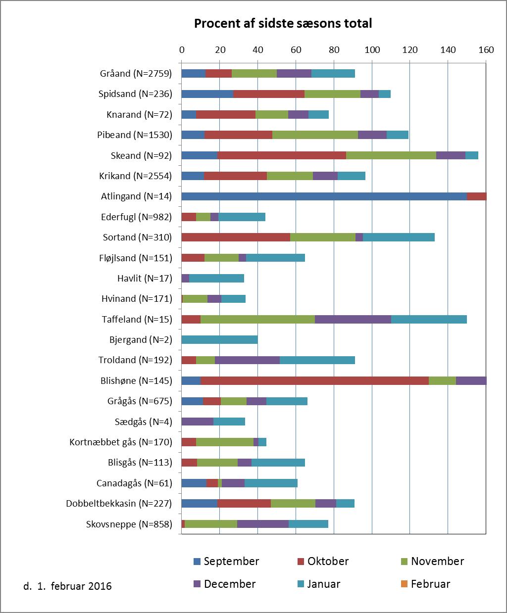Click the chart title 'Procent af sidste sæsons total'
click(283, 23)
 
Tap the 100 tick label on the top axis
click(372, 50)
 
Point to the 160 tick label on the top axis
click(486, 50)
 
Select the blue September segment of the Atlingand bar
click(324, 196)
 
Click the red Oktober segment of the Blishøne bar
click(314, 381)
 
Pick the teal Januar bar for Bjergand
click(219, 340)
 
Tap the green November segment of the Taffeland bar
click(257, 320)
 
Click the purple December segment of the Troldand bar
click(247, 360)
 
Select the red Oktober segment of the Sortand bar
click(236, 237)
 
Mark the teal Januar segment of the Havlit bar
click(216, 279)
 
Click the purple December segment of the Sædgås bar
click(198, 422)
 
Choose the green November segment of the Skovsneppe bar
click(211, 524)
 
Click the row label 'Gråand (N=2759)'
click(136, 73)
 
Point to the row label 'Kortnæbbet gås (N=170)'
click(121, 442)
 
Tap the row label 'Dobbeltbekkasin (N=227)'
click(119, 504)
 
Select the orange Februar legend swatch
click(404, 584)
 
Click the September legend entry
click(226, 562)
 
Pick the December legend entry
click(224, 584)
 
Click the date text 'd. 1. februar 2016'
click(67, 586)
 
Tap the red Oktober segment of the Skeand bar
click(282, 155)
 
